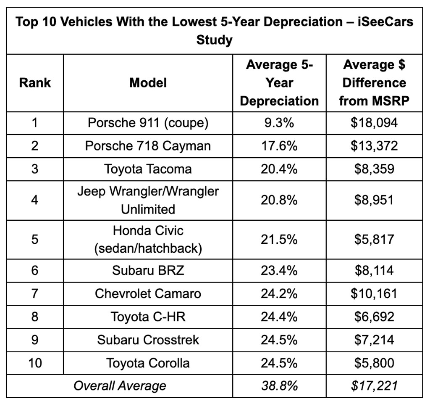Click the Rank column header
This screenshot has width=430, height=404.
click(35, 83)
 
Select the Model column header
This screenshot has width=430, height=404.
click(148, 83)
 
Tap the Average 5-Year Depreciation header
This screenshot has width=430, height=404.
click(280, 83)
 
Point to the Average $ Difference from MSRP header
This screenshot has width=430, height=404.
click(374, 83)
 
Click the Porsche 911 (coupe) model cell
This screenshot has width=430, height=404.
click(148, 123)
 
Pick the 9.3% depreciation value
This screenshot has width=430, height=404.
click(279, 123)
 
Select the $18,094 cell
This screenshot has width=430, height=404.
click(374, 123)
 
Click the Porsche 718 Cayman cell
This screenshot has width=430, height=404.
click(148, 146)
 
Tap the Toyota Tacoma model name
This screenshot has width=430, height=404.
click(148, 169)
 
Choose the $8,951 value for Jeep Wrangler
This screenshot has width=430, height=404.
click(374, 200)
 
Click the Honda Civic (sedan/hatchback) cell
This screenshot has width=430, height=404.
click(148, 240)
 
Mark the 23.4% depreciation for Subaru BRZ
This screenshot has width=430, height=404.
click(279, 270)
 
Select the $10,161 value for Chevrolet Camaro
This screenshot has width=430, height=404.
click(374, 293)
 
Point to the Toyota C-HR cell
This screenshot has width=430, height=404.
click(148, 317)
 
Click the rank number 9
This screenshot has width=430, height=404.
click(35, 340)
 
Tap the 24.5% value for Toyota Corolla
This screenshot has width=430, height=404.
click(279, 362)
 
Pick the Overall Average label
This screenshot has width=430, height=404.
click(120, 386)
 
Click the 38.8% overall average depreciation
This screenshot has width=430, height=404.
click(279, 386)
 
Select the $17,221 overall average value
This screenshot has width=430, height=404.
click(374, 386)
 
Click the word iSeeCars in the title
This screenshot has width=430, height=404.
click(386, 22)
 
